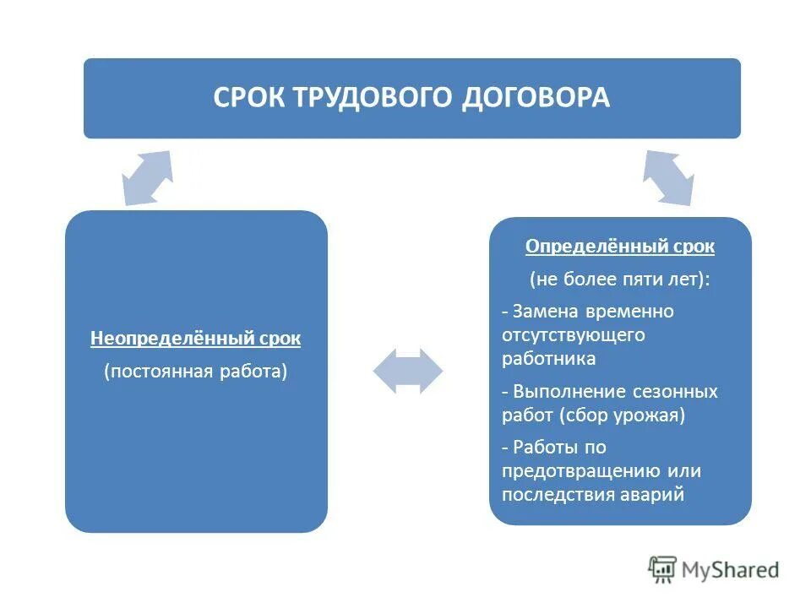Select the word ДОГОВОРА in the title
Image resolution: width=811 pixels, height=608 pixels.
coord(536,97)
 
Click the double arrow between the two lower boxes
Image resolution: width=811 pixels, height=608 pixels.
coord(408,371)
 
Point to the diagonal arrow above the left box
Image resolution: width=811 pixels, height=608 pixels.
coord(148,178)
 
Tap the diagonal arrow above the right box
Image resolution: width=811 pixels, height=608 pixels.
coord(668,178)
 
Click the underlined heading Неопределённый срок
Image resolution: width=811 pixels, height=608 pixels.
coord(196,339)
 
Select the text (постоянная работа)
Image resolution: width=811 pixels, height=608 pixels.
coord(196,372)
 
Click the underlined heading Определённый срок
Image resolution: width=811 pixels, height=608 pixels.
coord(620,247)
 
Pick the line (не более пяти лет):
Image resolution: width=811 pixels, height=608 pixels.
coord(620,280)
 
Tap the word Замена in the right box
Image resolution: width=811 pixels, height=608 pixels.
coord(542,311)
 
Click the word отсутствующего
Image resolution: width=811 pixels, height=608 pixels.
coord(573,334)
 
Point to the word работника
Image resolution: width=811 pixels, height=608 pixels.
coord(548,358)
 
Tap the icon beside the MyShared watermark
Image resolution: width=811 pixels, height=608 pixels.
coord(663,569)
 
